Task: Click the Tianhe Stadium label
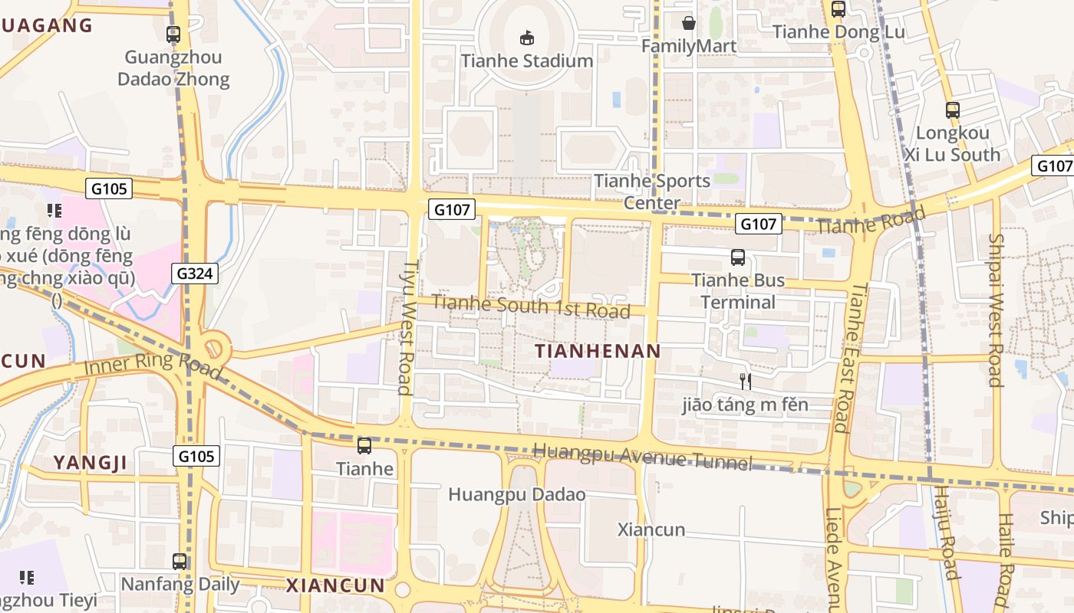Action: point(527,61)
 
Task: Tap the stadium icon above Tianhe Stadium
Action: point(527,37)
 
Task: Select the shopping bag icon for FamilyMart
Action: point(689,23)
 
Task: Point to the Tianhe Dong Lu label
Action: point(838,32)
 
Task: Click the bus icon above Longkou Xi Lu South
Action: point(952,110)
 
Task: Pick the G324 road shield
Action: point(195,274)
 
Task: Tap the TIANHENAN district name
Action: point(598,352)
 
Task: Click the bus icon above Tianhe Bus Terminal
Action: point(738,257)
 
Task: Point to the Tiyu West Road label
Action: point(407,328)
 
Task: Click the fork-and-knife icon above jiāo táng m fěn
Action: point(745,381)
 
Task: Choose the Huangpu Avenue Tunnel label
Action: point(642,457)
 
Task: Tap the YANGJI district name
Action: point(90,463)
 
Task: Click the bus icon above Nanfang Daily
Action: point(180,562)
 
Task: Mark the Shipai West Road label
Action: point(995,310)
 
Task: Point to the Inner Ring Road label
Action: point(153,366)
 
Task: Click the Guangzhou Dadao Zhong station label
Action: point(173,67)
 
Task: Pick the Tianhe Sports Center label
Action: point(652,192)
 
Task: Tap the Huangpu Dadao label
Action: point(516,494)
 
